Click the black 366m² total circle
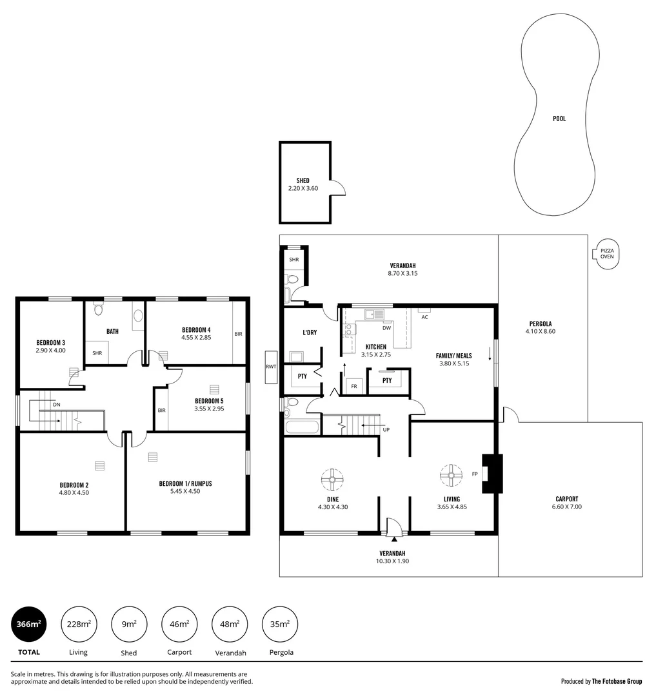(29, 624)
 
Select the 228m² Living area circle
(79, 624)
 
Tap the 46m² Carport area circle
(179, 624)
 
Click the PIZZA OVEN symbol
(606, 253)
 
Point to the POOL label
(559, 119)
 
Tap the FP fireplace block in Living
(492, 474)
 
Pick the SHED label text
(303, 180)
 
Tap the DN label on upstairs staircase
(57, 404)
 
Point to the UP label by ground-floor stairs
(386, 429)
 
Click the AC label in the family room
(424, 317)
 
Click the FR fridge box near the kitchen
(353, 386)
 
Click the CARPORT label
(566, 499)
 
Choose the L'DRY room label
(310, 333)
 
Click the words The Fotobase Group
(617, 681)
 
